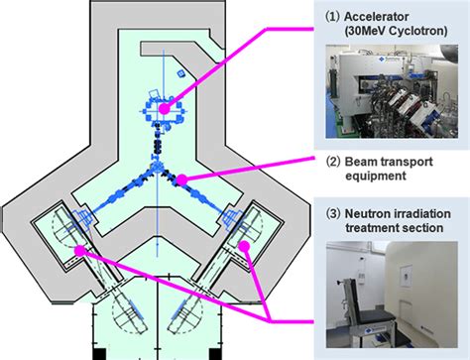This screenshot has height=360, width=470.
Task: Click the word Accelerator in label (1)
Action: [x=376, y=17]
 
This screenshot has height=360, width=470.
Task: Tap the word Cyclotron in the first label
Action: [x=417, y=31]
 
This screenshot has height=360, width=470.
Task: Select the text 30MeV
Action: [x=365, y=31]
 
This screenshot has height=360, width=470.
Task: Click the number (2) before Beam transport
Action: [x=333, y=162]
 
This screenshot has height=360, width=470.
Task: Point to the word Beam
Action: [x=360, y=162]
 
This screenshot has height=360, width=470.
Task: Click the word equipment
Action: [x=376, y=176]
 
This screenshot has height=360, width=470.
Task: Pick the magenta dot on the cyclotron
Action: [x=164, y=109]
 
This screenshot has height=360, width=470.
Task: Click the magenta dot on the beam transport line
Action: [x=181, y=180]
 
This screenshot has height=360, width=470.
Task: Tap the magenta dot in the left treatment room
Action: [x=79, y=251]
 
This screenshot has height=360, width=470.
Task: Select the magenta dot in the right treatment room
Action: [x=244, y=246]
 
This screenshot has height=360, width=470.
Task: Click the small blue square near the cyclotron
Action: [x=180, y=73]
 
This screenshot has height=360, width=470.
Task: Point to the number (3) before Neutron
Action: [x=333, y=213]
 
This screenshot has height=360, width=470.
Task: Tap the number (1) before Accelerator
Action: [x=333, y=17]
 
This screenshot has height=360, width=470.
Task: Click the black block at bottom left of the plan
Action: [x=99, y=354]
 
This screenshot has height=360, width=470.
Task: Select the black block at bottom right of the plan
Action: [x=215, y=354]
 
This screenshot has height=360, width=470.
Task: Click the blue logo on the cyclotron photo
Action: [x=382, y=59]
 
